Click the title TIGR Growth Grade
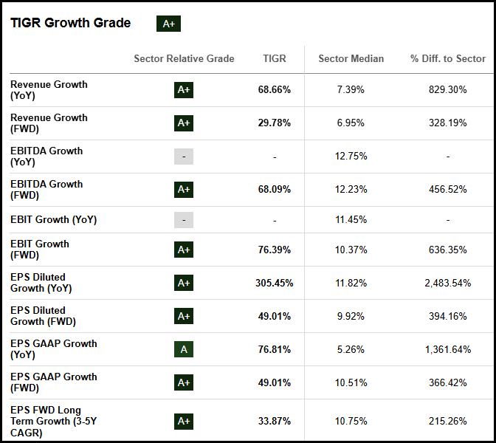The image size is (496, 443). tap(70, 23)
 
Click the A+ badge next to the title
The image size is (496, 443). tap(168, 24)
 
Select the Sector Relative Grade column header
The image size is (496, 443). tap(184, 58)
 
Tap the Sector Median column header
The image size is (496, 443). tap(351, 58)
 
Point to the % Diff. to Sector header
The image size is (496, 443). tap(448, 58)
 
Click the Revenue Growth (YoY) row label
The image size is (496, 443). tap(49, 90)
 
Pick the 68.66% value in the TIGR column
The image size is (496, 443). tap(274, 90)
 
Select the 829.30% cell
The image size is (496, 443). tap(447, 90)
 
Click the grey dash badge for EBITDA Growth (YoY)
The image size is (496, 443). tap(184, 157)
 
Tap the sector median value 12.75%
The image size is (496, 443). tap(351, 157)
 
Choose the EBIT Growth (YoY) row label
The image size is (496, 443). tap(53, 219)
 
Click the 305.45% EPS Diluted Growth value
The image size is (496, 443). tap(274, 283)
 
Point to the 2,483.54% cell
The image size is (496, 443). tap(447, 283)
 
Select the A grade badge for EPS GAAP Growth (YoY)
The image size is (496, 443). tap(184, 349)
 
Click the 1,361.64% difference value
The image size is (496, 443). tap(447, 349)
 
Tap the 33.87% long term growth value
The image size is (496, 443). tap(274, 422)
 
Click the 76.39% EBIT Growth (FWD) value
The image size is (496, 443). tap(274, 250)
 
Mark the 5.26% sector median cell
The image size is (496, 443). tap(351, 349)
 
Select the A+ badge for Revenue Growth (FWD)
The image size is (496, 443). tap(184, 123)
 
